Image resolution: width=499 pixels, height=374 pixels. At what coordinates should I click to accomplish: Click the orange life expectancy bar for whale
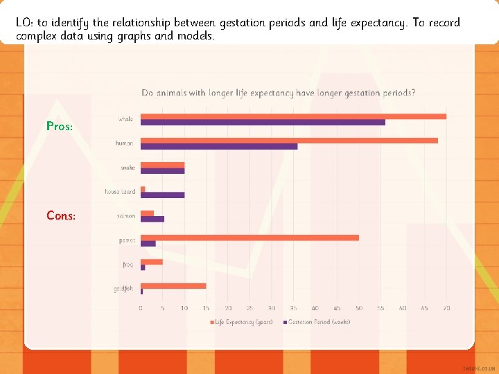tap(293, 116)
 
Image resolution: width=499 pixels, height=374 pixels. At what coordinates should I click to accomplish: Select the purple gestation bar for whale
tap(263, 123)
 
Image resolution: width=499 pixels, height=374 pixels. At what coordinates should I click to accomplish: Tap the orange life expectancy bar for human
tap(289, 141)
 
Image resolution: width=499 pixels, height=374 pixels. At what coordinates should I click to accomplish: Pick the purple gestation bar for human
tap(219, 146)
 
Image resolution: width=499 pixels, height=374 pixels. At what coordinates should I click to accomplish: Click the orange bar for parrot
tap(249, 238)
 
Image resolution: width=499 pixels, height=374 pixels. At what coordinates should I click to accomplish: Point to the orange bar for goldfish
tap(173, 285)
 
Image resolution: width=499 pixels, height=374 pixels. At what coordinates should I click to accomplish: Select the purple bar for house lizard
tap(162, 195)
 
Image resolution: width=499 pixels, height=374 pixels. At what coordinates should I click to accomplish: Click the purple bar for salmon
tap(152, 219)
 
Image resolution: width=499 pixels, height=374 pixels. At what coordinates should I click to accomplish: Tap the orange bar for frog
tap(152, 262)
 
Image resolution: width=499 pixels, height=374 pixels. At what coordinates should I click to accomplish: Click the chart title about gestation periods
tap(279, 93)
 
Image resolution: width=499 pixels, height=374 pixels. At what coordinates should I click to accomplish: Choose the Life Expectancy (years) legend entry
tap(242, 321)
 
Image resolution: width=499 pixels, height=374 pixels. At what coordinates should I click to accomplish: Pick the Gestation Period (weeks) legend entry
tap(318, 321)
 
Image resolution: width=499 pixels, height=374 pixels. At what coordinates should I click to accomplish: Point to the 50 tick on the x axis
tap(359, 308)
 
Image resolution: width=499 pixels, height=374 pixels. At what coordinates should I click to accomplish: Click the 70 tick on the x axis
tap(446, 308)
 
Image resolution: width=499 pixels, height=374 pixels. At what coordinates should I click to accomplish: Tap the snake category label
tap(128, 168)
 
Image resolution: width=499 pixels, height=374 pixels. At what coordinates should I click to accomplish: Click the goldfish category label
tap(123, 288)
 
